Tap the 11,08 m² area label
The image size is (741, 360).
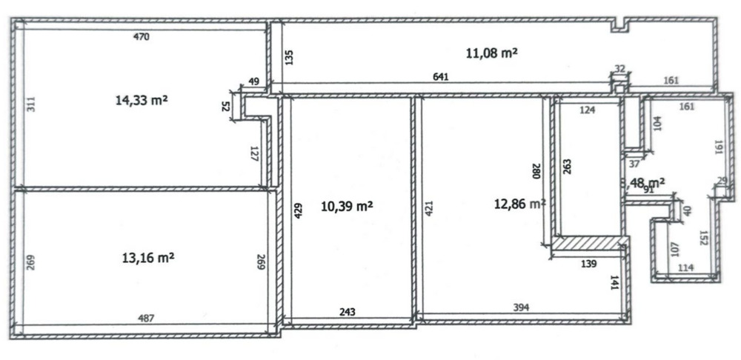[491, 53]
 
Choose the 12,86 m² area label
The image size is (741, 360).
[519, 201]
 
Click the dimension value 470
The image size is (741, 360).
[142, 36]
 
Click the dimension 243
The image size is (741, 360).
[347, 312]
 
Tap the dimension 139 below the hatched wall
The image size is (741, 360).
[590, 263]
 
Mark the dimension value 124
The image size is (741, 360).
[588, 111]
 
